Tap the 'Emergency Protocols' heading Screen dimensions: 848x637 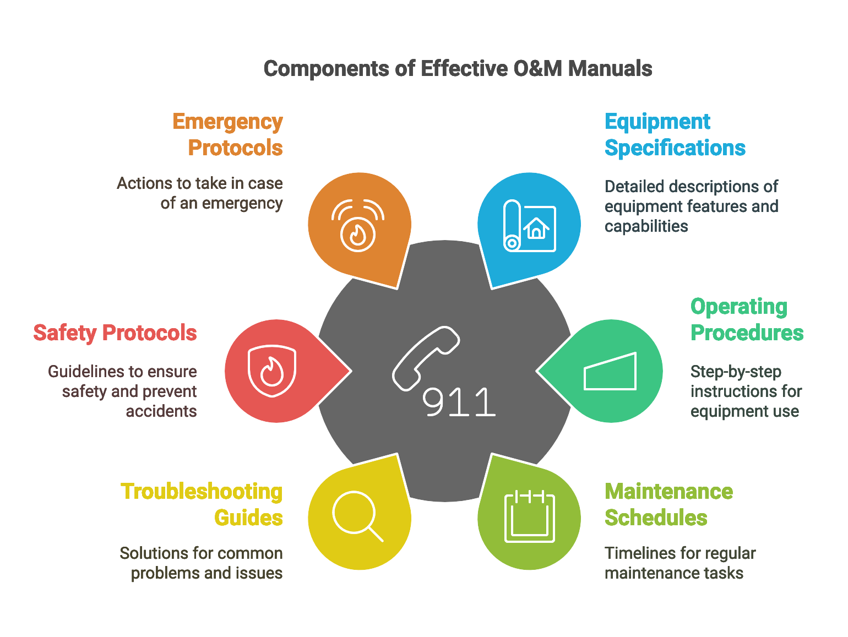tap(227, 134)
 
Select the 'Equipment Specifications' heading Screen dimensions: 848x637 tap(675, 134)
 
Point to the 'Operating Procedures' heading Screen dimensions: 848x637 tap(747, 319)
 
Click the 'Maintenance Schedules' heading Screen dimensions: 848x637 tap(668, 504)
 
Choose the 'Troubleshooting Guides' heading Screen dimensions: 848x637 tap(202, 504)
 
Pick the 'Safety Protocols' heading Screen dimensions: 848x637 tap(115, 333)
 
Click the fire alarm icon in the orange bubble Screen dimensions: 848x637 tap(358, 226)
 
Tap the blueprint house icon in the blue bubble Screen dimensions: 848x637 tap(529, 226)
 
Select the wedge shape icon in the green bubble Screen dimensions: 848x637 tap(610, 371)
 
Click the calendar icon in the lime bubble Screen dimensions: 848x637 tap(529, 516)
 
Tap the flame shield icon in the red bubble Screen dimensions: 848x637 tap(272, 371)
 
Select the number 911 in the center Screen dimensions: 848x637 tap(459, 402)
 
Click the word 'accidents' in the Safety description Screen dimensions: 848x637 tap(161, 411)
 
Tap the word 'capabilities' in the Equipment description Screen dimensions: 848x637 tap(646, 226)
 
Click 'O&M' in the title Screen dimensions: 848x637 tap(537, 69)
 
